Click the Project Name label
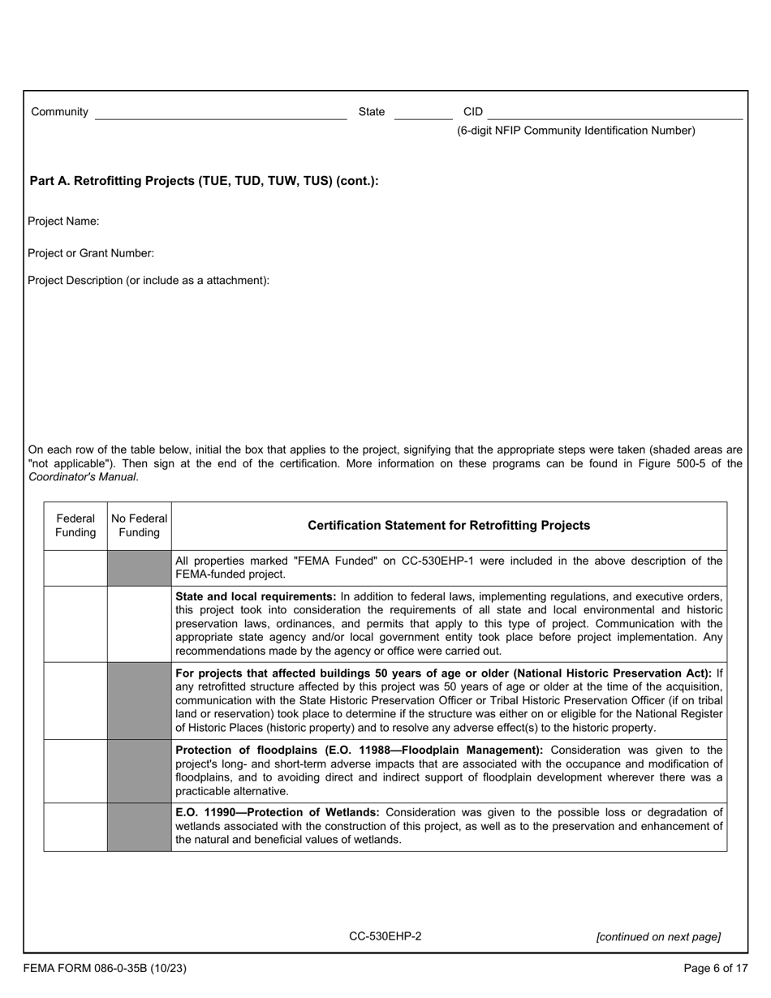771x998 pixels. point(63,222)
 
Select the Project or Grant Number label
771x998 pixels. point(91,253)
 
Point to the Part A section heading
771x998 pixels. point(204,181)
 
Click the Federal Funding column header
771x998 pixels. point(75,526)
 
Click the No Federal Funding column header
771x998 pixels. point(140,526)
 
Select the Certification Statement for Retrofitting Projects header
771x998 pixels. point(449,526)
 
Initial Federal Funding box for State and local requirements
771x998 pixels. point(75,624)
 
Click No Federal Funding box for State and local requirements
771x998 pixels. point(140,624)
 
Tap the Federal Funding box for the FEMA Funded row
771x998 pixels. point(75,568)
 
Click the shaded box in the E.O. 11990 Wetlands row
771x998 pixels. point(140,827)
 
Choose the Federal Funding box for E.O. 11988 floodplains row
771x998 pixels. point(75,771)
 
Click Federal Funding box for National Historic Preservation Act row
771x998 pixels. point(75,700)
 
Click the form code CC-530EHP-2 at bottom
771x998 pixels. point(385,936)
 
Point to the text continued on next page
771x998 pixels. point(658,937)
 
